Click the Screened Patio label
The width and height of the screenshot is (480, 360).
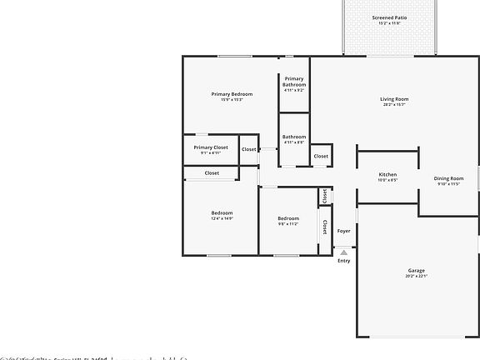pos(389,17)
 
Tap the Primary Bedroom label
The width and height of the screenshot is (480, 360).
pos(232,94)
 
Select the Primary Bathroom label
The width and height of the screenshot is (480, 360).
pos(294,82)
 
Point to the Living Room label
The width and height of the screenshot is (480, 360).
pos(394,99)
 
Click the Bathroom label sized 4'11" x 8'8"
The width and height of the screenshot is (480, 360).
pos(294,137)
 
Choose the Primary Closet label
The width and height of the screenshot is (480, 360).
pos(210,147)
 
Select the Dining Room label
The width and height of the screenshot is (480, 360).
pos(448,178)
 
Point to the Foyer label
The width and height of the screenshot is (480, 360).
pos(343,231)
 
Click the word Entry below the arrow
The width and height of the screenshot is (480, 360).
pos(343,261)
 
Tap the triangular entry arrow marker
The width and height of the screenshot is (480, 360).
pos(343,251)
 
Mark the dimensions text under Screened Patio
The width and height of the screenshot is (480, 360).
pos(389,23)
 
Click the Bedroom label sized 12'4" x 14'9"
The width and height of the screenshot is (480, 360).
pos(222,212)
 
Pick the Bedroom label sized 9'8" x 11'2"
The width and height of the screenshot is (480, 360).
pos(287,218)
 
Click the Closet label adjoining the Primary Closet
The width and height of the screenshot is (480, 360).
pos(249,149)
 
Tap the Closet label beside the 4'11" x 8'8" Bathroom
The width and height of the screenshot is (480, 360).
pos(321,156)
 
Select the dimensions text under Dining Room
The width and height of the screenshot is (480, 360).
pos(448,184)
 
